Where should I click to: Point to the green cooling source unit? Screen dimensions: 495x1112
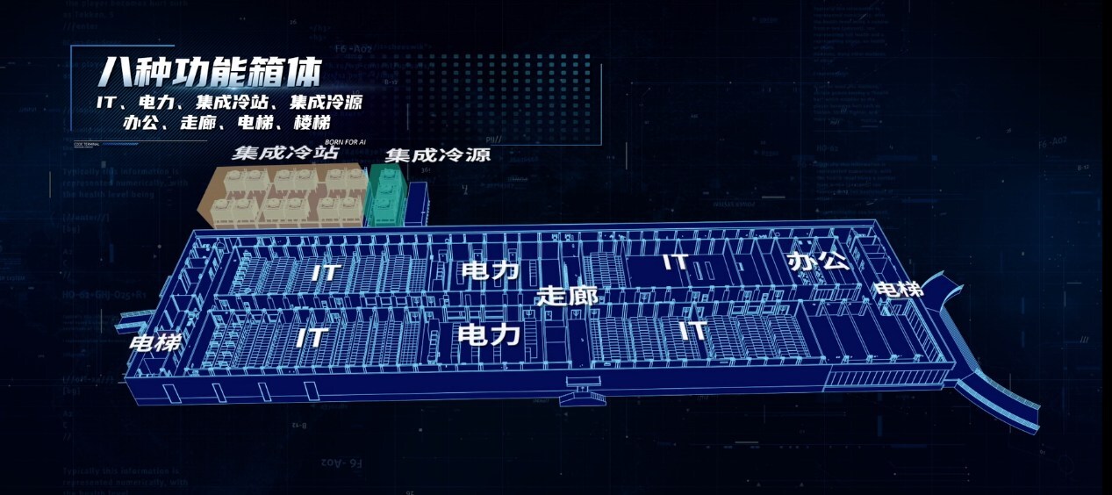(386, 198)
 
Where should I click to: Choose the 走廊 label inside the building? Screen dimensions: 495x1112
(567, 296)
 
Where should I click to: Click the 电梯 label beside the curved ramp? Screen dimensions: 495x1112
(899, 288)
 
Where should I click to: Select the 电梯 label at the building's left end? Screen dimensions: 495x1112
(155, 341)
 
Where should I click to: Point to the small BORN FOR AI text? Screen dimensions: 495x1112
(343, 140)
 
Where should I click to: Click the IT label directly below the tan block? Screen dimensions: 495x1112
(326, 271)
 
